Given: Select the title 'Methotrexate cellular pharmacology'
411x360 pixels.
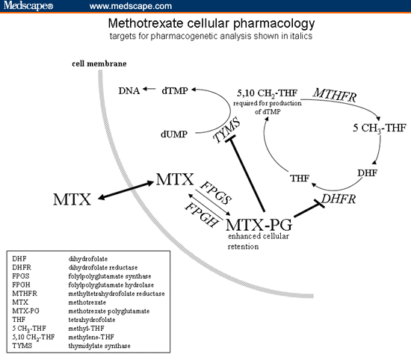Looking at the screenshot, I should pos(205,23).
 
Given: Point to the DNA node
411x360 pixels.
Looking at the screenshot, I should pos(129,90).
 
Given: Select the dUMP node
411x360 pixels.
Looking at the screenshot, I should pos(174,135).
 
